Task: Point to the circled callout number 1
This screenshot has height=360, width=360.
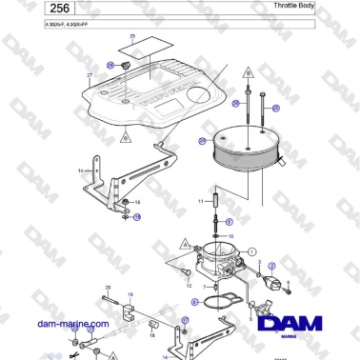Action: click(252, 251)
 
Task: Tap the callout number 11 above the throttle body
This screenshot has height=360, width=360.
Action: click(201, 203)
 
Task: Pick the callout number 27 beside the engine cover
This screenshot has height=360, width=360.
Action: click(90, 74)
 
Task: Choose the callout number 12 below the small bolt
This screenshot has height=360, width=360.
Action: click(188, 286)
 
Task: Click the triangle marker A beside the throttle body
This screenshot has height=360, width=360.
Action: click(182, 245)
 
